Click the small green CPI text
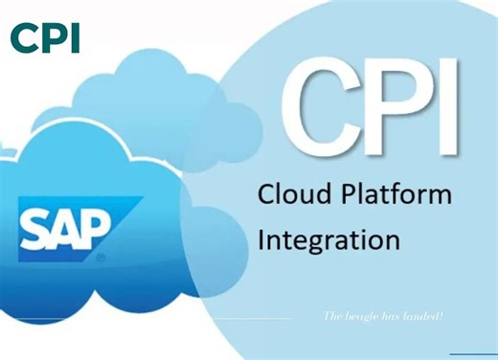[x=44, y=37]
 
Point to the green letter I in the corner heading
[x=75, y=37]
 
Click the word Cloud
[x=293, y=194]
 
